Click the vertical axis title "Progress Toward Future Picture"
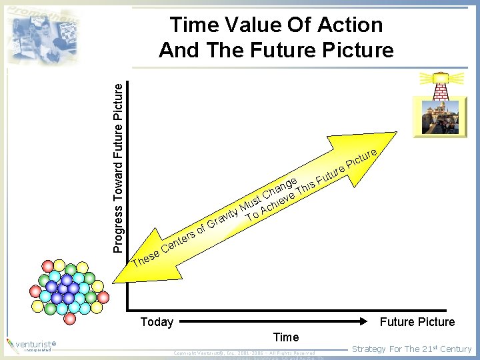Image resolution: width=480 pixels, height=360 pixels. (118, 167)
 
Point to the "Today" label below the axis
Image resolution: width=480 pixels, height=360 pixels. (157, 322)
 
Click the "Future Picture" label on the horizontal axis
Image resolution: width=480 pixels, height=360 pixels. (417, 322)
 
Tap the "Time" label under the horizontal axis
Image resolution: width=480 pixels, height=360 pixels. (286, 337)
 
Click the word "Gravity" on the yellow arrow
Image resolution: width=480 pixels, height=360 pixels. (223, 217)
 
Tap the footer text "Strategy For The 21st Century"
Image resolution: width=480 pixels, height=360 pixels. (411, 349)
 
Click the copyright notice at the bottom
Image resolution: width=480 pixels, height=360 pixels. (243, 352)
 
